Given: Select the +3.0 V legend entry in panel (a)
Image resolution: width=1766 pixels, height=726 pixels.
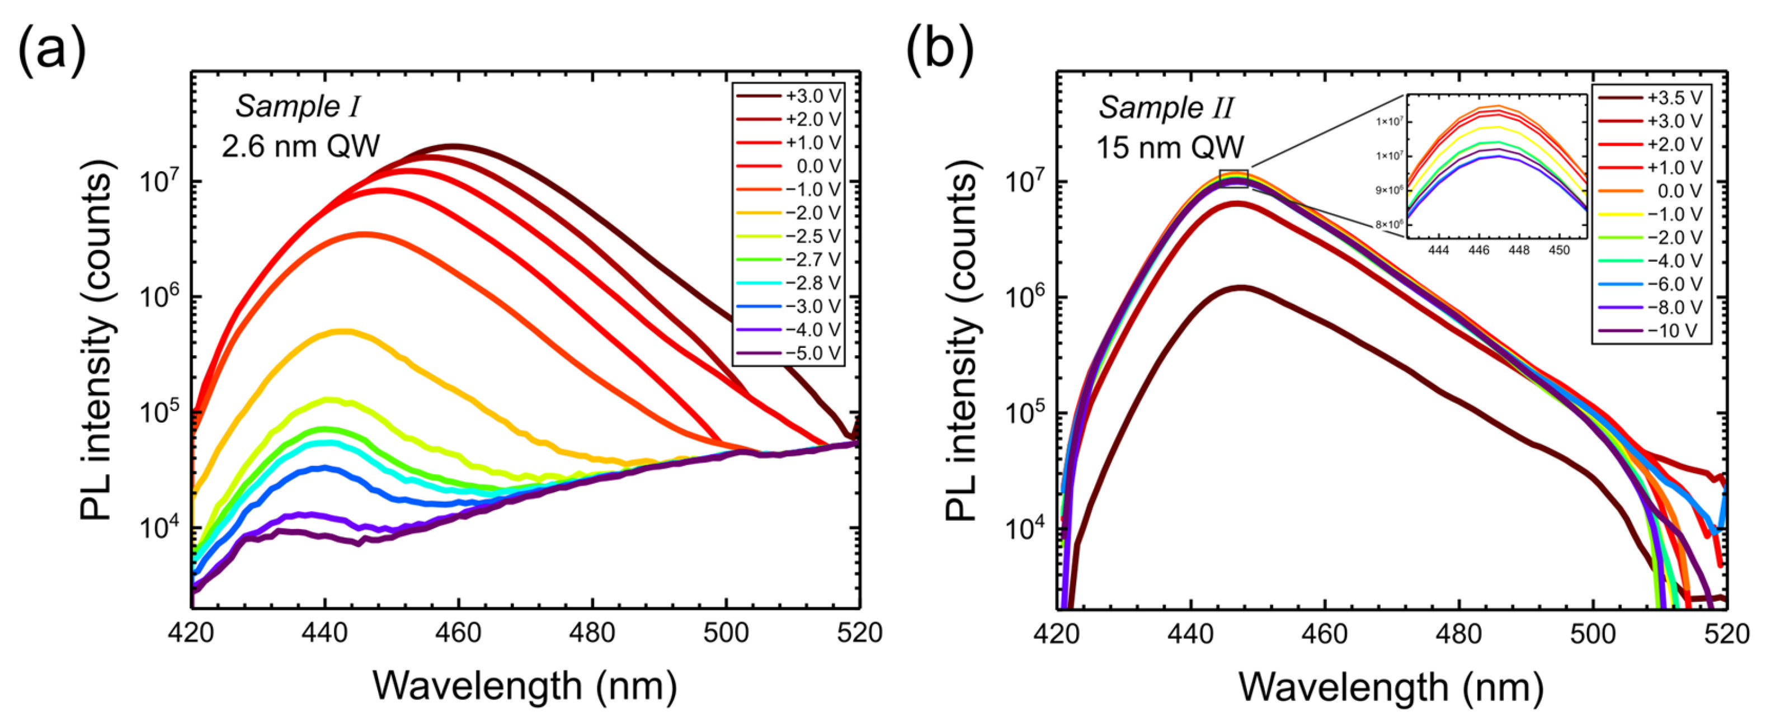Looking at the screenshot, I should [x=788, y=96].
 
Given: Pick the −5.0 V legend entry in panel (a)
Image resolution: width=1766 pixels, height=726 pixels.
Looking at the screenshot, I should [x=788, y=353].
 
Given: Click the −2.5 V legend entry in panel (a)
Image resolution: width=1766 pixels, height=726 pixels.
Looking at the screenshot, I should [x=788, y=236].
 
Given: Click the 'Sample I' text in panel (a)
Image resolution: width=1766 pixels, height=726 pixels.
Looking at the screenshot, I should [x=298, y=107].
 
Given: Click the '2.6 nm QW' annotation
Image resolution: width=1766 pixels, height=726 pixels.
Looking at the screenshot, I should [x=300, y=146].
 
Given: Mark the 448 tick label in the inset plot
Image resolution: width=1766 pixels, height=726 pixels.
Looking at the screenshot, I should [x=1519, y=250].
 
